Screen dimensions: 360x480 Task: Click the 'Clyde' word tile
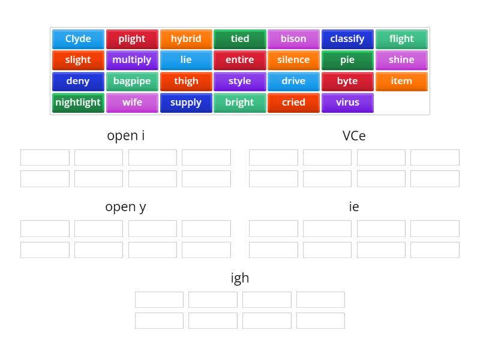point(78,39)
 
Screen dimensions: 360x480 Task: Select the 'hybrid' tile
point(186,39)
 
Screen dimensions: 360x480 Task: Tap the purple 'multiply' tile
point(132,60)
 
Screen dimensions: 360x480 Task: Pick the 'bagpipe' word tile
point(132,81)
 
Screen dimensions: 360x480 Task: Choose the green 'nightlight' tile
point(78,103)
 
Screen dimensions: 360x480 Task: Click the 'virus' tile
point(347,103)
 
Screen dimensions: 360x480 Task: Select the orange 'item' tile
point(401,81)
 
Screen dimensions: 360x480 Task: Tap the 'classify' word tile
point(347,39)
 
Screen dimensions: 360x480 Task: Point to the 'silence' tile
point(293,60)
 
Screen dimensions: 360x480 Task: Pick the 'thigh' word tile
point(186,81)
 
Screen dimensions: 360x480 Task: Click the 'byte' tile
point(347,81)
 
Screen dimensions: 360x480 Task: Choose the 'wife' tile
point(132,103)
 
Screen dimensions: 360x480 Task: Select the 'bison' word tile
point(293,39)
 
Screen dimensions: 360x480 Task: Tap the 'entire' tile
point(239,60)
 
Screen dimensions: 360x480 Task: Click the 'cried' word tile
point(293,103)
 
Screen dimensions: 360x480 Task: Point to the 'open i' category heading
point(125,136)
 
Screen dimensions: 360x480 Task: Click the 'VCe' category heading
point(354,136)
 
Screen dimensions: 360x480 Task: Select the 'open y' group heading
point(125,207)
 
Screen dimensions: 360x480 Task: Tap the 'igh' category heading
point(240,278)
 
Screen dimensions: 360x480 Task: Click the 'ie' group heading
point(354,207)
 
